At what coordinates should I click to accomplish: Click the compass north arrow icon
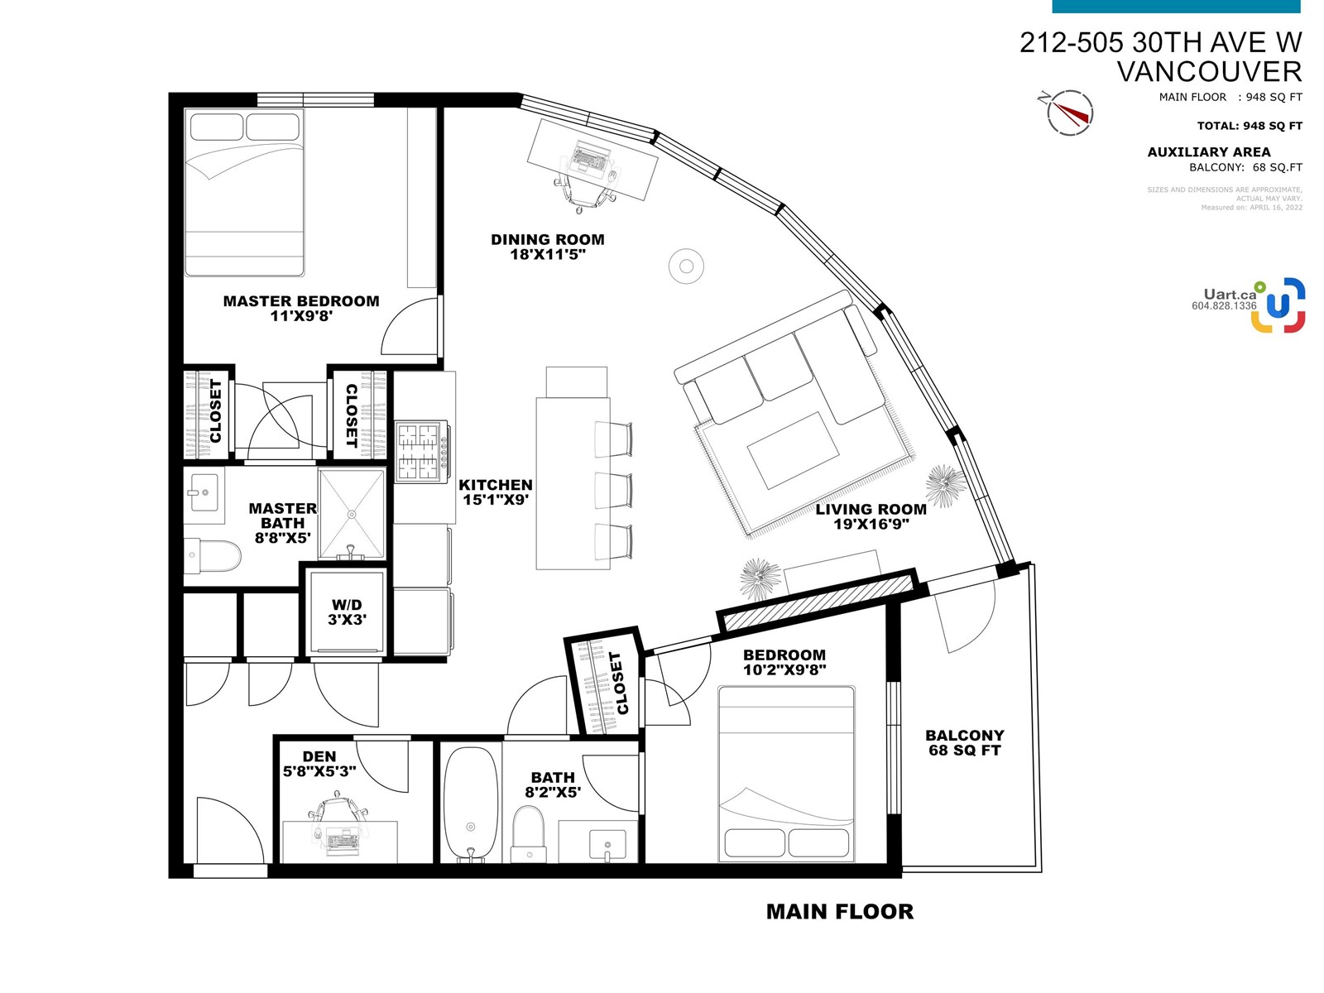coord(1069,113)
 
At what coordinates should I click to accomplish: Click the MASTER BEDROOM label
coord(301,308)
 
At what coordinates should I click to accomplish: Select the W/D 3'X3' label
coord(347,612)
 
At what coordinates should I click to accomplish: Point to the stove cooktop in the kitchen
coord(421,452)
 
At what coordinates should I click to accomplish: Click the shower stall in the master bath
coord(352,514)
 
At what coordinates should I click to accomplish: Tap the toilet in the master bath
coord(213,555)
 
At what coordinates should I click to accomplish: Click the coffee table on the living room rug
coord(793,450)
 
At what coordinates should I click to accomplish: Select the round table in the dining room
coord(686,266)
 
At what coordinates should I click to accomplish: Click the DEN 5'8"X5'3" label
coord(319,763)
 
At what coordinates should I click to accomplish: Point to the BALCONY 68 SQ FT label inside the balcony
coord(965,743)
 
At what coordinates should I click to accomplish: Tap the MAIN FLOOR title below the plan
coord(840,912)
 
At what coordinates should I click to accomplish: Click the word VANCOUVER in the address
coord(1210,72)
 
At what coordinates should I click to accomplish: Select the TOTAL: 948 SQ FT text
coord(1250,126)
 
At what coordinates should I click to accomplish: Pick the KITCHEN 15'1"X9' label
coord(495,492)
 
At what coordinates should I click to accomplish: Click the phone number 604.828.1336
coord(1224,305)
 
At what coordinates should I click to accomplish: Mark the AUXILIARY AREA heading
coord(1209,152)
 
